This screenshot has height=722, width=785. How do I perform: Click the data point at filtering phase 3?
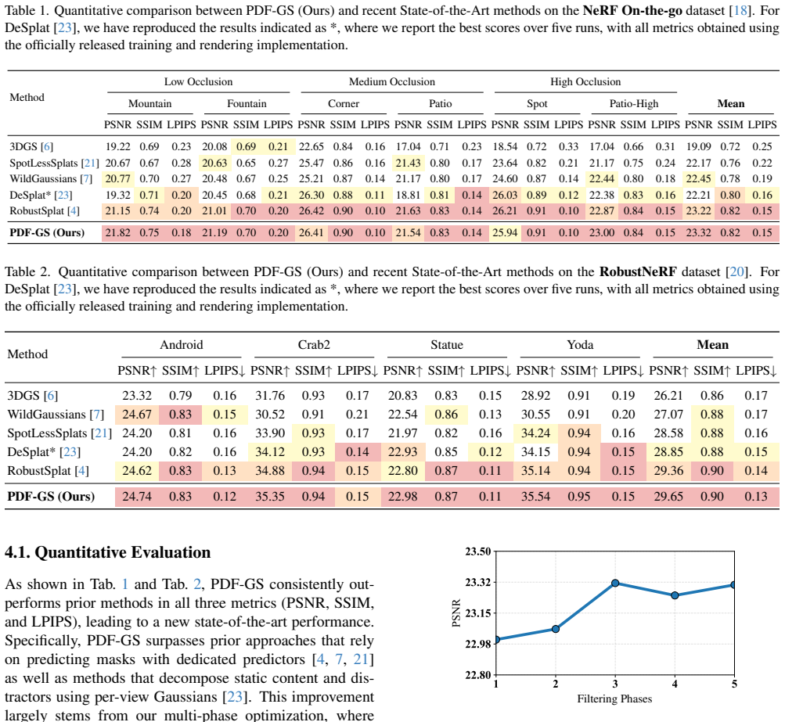click(x=615, y=583)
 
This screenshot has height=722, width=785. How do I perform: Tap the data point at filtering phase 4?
click(x=675, y=595)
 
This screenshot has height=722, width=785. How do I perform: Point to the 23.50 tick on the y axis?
click(x=477, y=551)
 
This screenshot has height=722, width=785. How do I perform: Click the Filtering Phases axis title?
click(x=614, y=699)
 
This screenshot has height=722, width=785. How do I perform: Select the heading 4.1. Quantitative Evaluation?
click(x=108, y=552)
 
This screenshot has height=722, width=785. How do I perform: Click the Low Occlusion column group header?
click(x=198, y=81)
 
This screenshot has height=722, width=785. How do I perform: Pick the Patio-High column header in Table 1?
click(x=634, y=103)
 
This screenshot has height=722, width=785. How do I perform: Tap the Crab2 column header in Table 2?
click(x=314, y=345)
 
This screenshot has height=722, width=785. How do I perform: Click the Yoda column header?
click(x=580, y=345)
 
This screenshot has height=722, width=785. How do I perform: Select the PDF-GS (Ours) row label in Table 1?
click(x=47, y=232)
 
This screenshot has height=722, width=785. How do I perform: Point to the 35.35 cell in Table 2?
click(x=270, y=497)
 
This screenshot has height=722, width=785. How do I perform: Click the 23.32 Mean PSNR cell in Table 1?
click(x=698, y=232)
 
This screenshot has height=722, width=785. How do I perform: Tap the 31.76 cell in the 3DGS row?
click(x=270, y=395)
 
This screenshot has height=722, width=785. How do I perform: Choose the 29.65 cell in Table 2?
click(x=668, y=497)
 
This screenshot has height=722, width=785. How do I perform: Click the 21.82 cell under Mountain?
click(x=117, y=232)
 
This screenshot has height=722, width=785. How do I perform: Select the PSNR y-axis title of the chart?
click(x=456, y=613)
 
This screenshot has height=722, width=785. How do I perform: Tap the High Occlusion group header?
click(x=585, y=81)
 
